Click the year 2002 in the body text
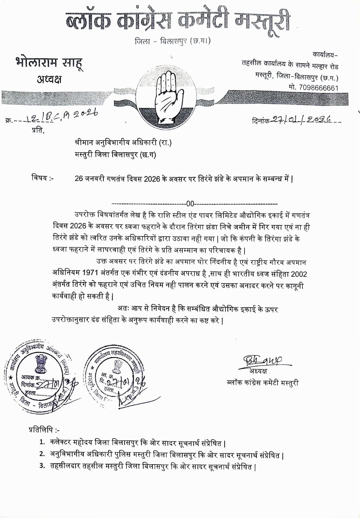coord(299,274)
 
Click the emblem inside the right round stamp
coord(116,366)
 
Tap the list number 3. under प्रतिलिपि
coord(42,467)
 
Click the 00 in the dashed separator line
coord(190,204)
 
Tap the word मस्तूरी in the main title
coord(262,23)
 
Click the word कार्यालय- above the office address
coord(325,54)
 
